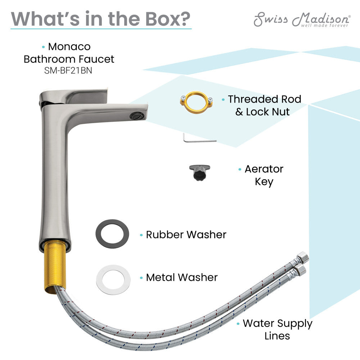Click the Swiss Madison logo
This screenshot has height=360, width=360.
[x=302, y=19]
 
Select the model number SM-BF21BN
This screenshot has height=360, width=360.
[x=69, y=71]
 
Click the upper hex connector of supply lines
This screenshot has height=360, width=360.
[x=302, y=256]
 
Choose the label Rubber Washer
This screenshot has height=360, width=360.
[x=186, y=235]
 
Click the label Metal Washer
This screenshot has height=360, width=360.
[x=182, y=278]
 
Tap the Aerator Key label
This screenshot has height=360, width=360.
[x=264, y=175]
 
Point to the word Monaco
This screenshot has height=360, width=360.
[x=69, y=47]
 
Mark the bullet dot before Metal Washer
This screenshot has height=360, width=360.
[x=141, y=278]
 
